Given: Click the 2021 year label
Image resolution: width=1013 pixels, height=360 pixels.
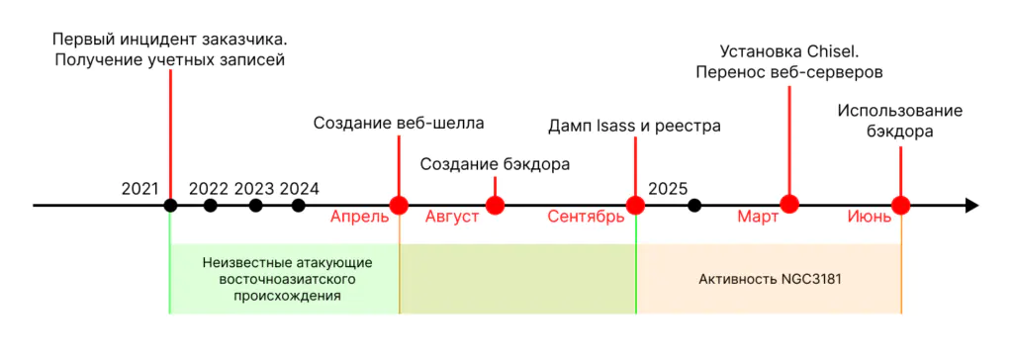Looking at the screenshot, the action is click(139, 188).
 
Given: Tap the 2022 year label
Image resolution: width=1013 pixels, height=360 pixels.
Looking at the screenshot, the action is click(209, 188).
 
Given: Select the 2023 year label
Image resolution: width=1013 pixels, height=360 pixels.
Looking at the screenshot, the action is click(254, 188).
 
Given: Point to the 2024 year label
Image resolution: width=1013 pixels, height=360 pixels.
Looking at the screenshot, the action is click(300, 188).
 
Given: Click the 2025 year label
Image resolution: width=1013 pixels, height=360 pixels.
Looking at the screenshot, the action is click(668, 188).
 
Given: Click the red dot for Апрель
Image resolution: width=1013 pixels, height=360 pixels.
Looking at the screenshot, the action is click(399, 206).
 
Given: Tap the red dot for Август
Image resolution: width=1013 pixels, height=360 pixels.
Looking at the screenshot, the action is click(496, 206).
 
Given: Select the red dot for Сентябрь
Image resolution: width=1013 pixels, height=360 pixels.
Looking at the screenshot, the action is click(635, 206).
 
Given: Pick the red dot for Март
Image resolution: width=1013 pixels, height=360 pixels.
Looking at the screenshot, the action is click(788, 205).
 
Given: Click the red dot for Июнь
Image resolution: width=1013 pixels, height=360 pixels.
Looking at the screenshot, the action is click(900, 206).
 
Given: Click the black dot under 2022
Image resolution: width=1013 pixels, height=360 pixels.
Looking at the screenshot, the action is click(210, 206).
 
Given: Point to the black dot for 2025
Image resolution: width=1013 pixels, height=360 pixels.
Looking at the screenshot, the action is click(694, 206).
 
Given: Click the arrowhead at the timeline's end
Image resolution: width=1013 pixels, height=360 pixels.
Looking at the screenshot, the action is click(971, 206).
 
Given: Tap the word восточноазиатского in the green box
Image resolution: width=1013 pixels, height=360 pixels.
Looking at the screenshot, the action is click(287, 279).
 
